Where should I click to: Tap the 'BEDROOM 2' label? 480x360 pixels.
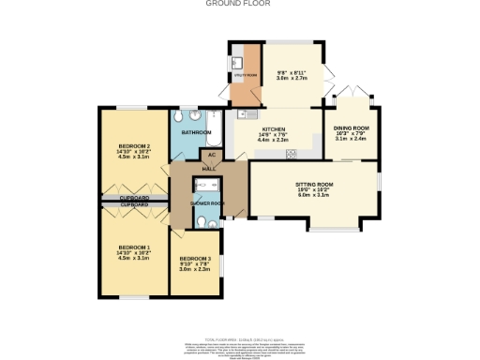pyautogui.click(x=135, y=146)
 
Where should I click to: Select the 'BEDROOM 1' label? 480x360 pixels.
pyautogui.click(x=135, y=247)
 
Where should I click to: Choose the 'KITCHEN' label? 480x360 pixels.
pyautogui.click(x=274, y=129)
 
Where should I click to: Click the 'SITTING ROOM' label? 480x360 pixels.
pyautogui.click(x=315, y=185)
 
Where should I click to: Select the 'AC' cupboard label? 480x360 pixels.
pyautogui.click(x=212, y=154)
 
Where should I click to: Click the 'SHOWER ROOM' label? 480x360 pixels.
pyautogui.click(x=205, y=202)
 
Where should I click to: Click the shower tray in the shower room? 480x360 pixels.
pyautogui.click(x=204, y=187)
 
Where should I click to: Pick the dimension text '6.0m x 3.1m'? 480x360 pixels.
pyautogui.click(x=315, y=196)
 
